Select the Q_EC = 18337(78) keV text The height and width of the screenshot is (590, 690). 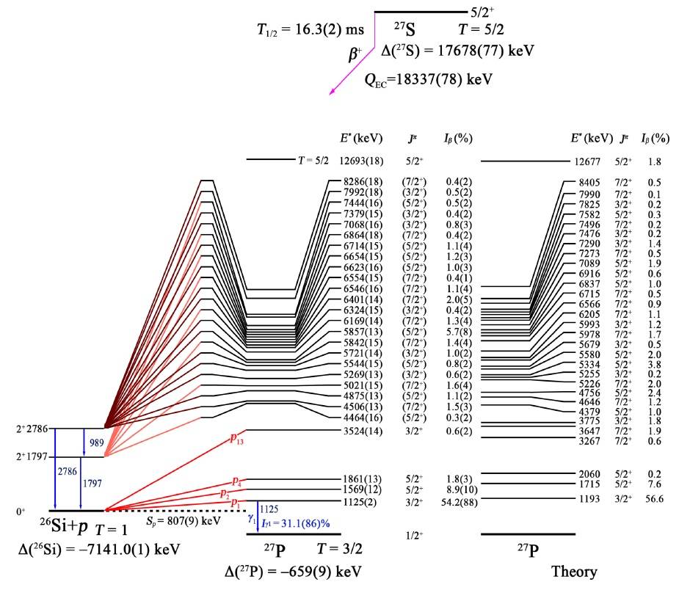point(428,79)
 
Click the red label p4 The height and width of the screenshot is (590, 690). point(236,481)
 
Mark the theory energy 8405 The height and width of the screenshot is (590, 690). point(589,183)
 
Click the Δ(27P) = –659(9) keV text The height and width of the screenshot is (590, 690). point(293,571)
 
